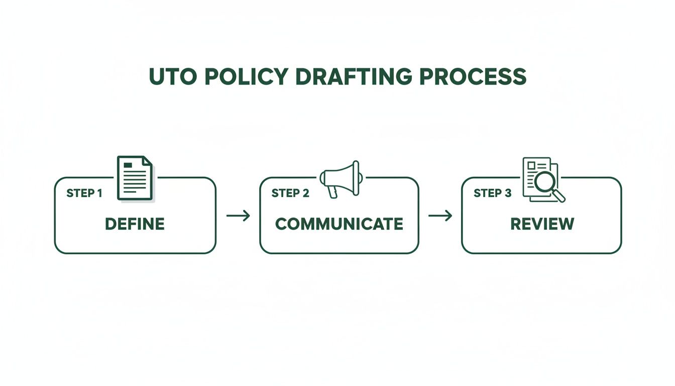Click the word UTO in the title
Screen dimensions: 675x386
tap(173, 76)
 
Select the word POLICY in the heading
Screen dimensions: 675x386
tap(247, 76)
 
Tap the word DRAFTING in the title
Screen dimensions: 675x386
tap(354, 76)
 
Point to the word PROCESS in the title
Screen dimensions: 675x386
tap(473, 76)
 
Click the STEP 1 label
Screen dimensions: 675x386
tap(84, 193)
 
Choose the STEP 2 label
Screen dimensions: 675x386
tap(290, 193)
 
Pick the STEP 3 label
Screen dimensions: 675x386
tap(492, 193)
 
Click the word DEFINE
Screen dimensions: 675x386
tap(135, 224)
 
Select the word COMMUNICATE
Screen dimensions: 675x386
tap(339, 224)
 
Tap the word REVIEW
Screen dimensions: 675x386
tap(542, 224)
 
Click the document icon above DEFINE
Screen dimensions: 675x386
tap(135, 178)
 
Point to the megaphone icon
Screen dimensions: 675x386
tap(341, 179)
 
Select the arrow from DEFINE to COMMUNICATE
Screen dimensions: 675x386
tap(238, 216)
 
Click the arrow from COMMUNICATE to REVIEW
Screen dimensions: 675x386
tap(440, 216)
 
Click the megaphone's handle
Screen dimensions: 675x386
tap(332, 192)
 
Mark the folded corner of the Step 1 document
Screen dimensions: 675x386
tap(147, 161)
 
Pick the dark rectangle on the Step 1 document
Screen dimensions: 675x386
tap(128, 165)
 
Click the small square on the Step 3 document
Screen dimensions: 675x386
tap(531, 165)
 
